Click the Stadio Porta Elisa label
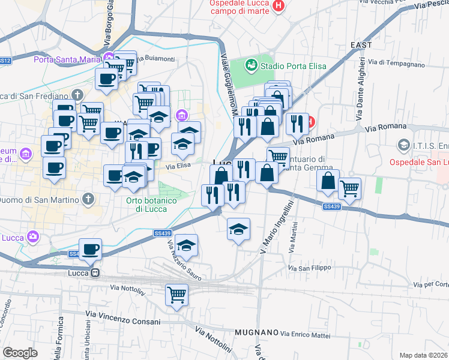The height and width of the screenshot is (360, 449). click(x=294, y=65)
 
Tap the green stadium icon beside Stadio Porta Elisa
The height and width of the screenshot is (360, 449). click(x=252, y=64)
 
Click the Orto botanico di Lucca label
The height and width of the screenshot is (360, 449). click(x=151, y=205)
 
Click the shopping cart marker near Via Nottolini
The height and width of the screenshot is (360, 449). click(x=176, y=294)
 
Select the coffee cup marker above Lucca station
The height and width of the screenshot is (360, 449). click(x=90, y=249)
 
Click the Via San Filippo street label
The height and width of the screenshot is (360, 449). click(x=310, y=268)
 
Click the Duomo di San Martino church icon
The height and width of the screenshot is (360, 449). click(x=88, y=199)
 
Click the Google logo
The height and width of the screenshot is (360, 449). click(x=20, y=353)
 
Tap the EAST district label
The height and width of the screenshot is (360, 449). click(x=361, y=45)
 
